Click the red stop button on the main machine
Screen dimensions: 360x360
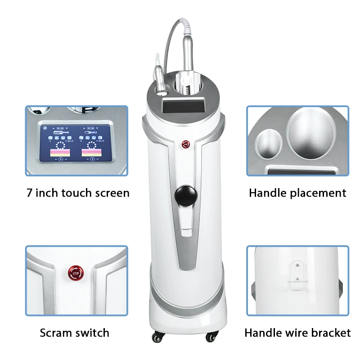click(185, 144)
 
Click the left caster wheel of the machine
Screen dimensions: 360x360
click(157, 337)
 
